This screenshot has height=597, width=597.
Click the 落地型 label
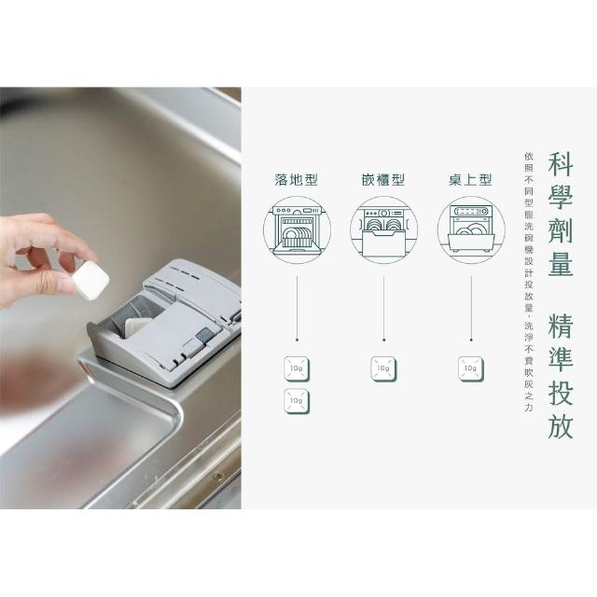(297, 179)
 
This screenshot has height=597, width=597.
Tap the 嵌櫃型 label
(383, 179)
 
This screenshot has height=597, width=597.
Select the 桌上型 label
(470, 179)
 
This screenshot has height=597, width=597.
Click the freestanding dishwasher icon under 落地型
(297, 230)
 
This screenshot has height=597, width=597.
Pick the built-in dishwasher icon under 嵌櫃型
(383, 230)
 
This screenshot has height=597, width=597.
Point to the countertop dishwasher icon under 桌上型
(471, 230)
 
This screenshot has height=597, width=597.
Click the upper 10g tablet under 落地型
(297, 369)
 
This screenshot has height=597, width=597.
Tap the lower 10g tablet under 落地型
(297, 401)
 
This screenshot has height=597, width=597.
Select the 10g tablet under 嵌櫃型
(383, 369)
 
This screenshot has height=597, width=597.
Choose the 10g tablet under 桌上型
(471, 369)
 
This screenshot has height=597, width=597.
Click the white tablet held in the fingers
(90, 280)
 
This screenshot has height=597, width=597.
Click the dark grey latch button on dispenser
(205, 335)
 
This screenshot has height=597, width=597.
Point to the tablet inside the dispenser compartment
(137, 326)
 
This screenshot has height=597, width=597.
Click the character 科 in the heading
(561, 164)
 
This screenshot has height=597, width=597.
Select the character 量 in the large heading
(561, 263)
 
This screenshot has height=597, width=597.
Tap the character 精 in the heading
(561, 326)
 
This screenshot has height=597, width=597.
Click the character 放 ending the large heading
(561, 425)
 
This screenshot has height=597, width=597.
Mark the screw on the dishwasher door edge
(217, 476)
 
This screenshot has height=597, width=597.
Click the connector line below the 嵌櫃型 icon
(383, 309)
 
